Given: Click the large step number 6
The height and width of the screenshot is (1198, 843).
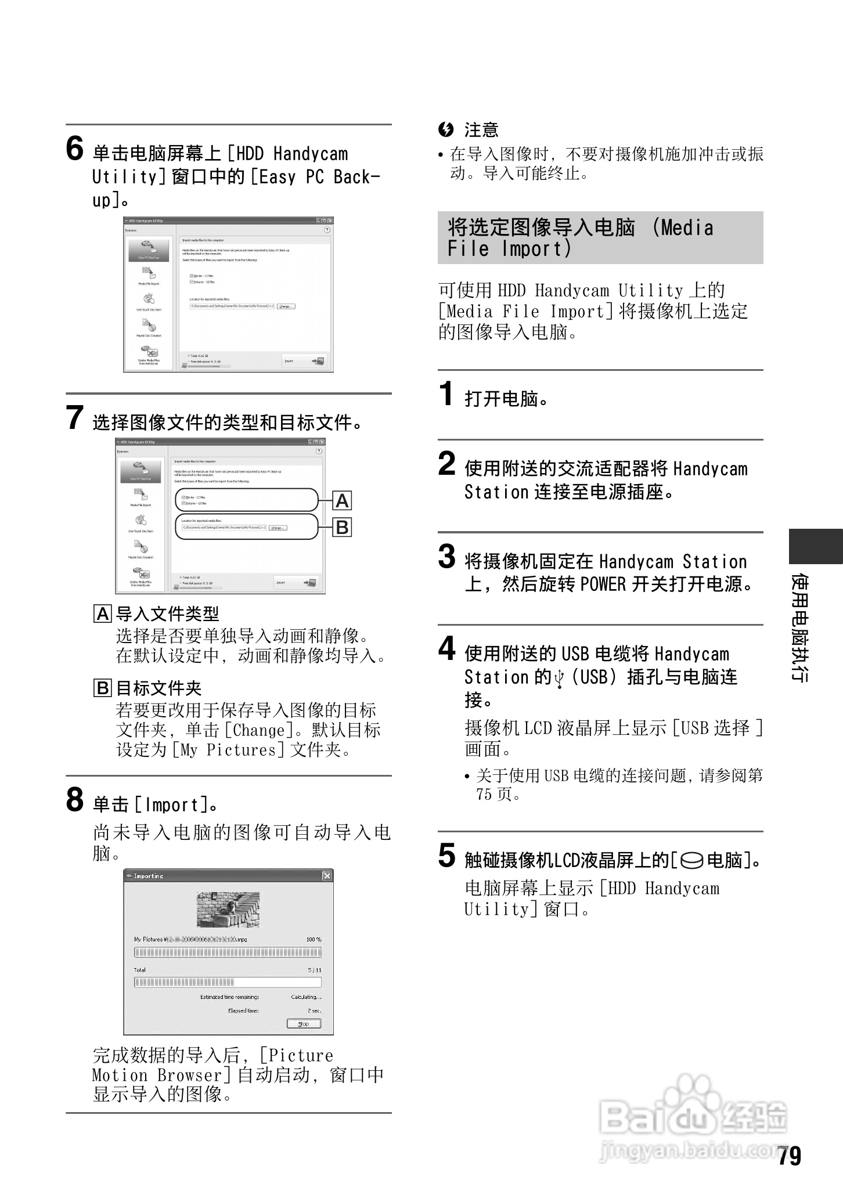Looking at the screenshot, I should click(75, 149).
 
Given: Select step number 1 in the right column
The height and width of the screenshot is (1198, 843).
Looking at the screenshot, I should click(446, 394).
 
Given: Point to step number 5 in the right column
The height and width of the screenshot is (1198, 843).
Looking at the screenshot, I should click(446, 855).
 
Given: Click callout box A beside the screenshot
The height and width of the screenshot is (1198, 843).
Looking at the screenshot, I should click(343, 500).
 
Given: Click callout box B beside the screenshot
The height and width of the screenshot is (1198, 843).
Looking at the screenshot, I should click(343, 528).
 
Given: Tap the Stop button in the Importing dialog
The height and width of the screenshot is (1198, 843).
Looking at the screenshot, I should click(303, 1023).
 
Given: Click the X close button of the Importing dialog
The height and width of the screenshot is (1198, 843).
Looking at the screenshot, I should click(327, 875).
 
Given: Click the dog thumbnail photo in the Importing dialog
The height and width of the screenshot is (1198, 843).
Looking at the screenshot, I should click(228, 910).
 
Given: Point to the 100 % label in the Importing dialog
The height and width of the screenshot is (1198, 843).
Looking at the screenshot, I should click(314, 939).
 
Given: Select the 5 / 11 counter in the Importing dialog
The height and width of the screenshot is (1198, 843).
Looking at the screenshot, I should click(315, 970).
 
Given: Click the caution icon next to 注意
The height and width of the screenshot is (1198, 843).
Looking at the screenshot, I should click(446, 129).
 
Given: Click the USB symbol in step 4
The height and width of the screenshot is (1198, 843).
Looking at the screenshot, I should click(559, 678).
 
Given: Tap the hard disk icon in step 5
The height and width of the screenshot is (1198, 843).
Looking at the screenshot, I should click(691, 860).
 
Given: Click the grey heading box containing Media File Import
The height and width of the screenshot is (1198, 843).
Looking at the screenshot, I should click(600, 237).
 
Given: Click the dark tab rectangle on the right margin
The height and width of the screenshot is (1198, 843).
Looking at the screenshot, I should click(815, 546).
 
